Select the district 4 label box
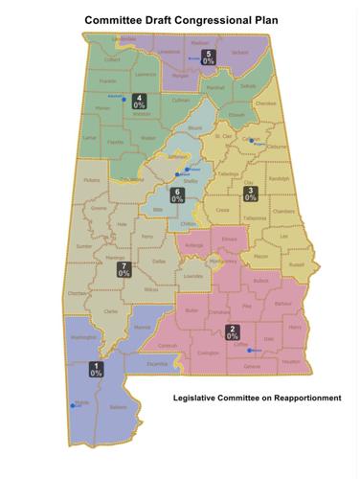tap(140, 101)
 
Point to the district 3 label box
tap(251, 194)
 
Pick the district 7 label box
tap(124, 269)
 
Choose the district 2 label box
tap(232, 332)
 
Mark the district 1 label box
tap(97, 369)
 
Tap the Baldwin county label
tap(117, 408)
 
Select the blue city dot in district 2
tap(246, 350)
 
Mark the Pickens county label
tap(91, 179)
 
